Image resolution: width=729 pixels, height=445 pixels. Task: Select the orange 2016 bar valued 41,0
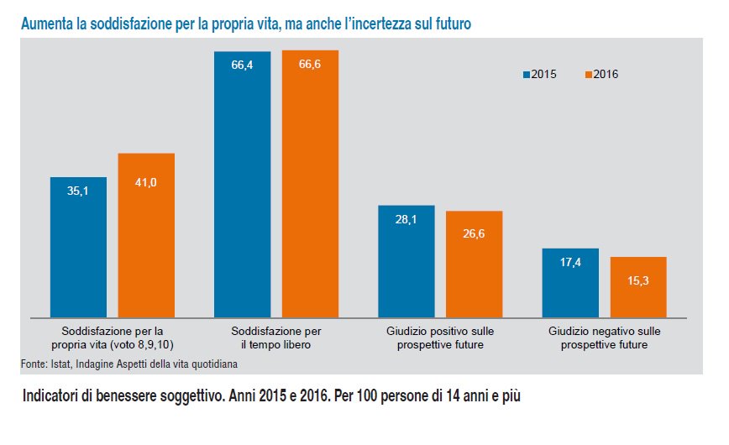click(x=146, y=234)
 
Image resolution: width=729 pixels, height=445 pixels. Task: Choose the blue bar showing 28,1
click(x=406, y=260)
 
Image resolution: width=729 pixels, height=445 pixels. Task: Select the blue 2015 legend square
click(x=526, y=74)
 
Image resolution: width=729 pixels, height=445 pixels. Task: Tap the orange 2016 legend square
click(x=588, y=74)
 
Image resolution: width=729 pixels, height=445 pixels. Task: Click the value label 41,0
click(x=146, y=182)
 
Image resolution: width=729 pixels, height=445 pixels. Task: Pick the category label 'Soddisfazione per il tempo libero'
click(x=277, y=338)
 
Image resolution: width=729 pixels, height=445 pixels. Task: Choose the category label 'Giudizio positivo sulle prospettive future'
click(x=441, y=338)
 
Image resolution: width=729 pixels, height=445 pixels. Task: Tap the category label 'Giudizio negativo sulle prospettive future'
click(x=604, y=338)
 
